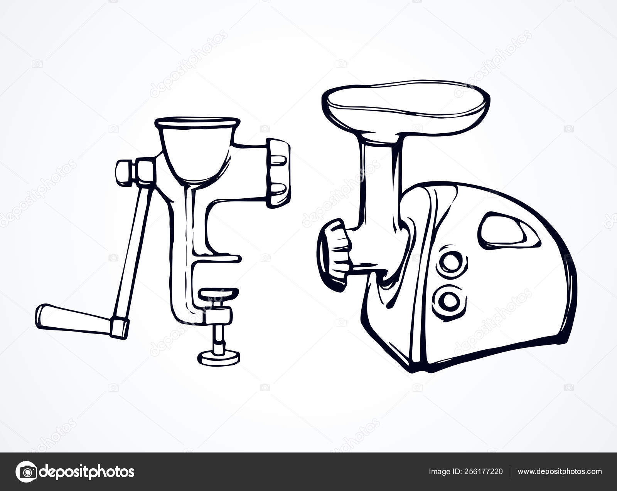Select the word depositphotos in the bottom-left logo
[x=87, y=472]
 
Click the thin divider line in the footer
[x=510, y=472]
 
